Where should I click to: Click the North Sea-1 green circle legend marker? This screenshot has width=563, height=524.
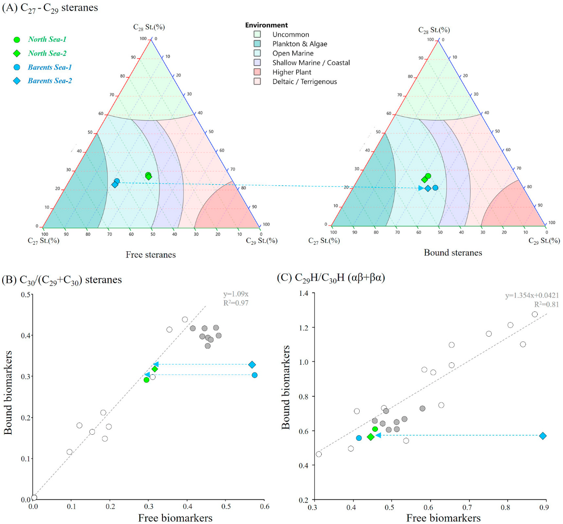pyautogui.click(x=17, y=40)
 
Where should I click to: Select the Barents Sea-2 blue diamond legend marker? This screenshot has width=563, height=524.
pyautogui.click(x=17, y=81)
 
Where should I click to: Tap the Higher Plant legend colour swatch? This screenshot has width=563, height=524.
pyautogui.click(x=257, y=72)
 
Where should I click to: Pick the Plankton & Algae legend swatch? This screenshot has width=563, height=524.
pyautogui.click(x=257, y=44)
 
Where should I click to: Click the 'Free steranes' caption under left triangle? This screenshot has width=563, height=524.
pyautogui.click(x=151, y=255)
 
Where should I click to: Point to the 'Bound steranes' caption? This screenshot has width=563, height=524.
pyautogui.click(x=453, y=253)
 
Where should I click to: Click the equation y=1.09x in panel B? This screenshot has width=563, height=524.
pyautogui.click(x=236, y=294)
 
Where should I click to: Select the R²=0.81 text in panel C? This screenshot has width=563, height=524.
pyautogui.click(x=546, y=304)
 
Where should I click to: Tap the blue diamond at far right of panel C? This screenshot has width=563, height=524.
pyautogui.click(x=543, y=436)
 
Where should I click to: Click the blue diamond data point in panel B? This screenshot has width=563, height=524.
pyautogui.click(x=252, y=365)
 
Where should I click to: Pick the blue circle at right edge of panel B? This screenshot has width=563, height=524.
pyautogui.click(x=254, y=375)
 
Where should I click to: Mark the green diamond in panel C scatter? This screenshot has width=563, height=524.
pyautogui.click(x=371, y=437)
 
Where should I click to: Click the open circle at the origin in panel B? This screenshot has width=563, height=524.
pyautogui.click(x=34, y=497)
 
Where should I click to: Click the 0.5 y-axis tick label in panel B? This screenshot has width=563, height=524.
pyautogui.click(x=26, y=295)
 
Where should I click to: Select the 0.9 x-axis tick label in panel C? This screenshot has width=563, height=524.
pyautogui.click(x=544, y=507)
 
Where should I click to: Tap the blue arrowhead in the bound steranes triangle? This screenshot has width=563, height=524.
pyautogui.click(x=421, y=188)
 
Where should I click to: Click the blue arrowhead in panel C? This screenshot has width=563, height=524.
pyautogui.click(x=378, y=435)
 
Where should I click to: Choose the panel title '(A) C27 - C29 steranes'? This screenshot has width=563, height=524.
pyautogui.click(x=50, y=8)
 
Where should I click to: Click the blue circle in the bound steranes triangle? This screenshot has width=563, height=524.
pyautogui.click(x=435, y=188)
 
